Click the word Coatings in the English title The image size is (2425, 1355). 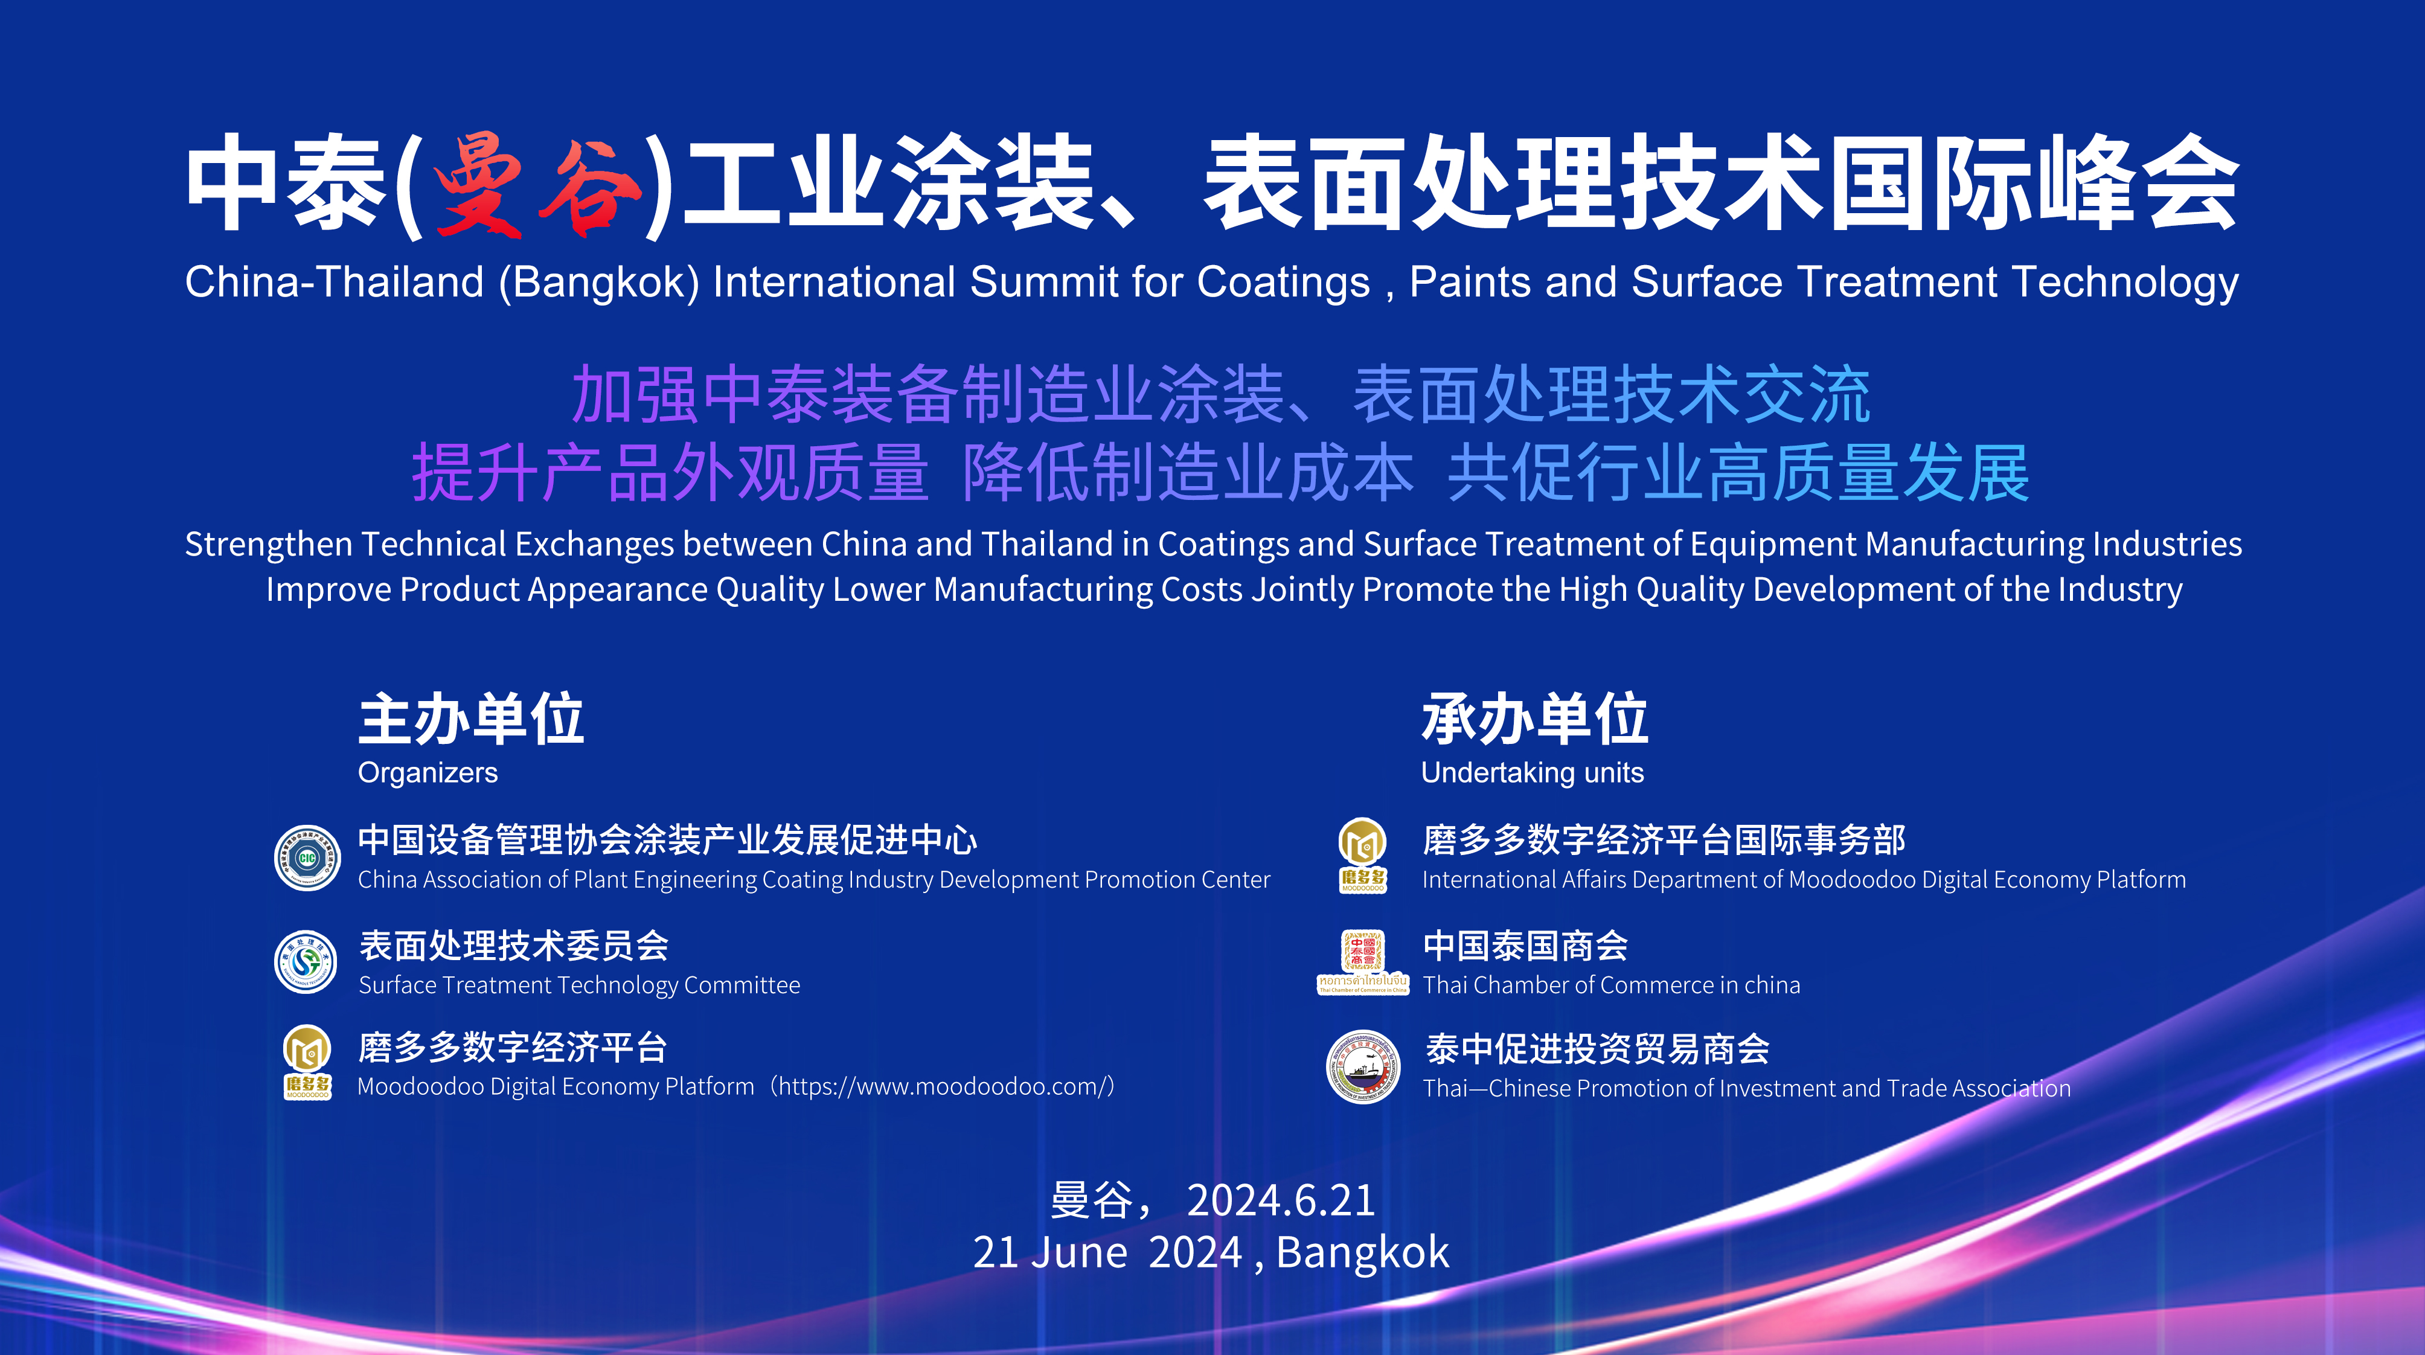pyautogui.click(x=1283, y=283)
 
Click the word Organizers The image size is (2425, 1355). pyautogui.click(x=428, y=773)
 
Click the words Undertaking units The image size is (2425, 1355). pyautogui.click(x=1533, y=772)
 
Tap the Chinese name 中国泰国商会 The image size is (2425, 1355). pyautogui.click(x=1526, y=946)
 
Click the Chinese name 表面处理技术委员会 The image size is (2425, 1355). pyautogui.click(x=514, y=946)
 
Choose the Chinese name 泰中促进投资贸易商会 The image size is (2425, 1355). pyautogui.click(x=1598, y=1048)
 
